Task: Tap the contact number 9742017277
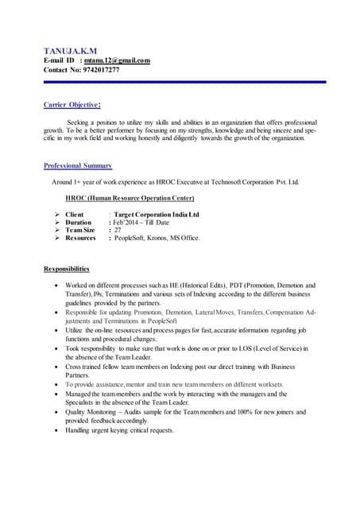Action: click(101, 70)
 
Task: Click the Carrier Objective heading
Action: click(72, 104)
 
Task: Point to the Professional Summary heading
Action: click(78, 165)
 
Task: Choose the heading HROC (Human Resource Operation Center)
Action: click(130, 198)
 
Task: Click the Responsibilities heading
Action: click(66, 269)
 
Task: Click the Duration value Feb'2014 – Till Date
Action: click(141, 223)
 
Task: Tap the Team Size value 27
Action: click(118, 231)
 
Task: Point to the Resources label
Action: click(80, 239)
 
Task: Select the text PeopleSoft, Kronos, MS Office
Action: click(157, 239)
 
